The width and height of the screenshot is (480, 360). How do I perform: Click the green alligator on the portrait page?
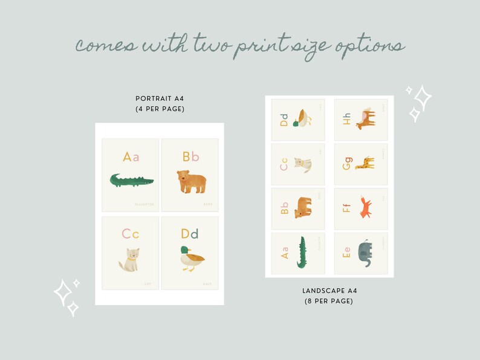click(x=131, y=180)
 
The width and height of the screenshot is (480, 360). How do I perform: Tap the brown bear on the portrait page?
click(x=191, y=181)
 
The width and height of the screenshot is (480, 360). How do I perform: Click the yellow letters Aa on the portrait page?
click(x=131, y=157)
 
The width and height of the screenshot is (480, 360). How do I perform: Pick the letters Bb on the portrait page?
click(x=190, y=157)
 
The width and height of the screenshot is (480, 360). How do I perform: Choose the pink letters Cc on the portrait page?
click(x=130, y=234)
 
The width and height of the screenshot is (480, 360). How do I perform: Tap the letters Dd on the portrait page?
click(x=190, y=234)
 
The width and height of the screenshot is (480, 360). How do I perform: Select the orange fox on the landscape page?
click(x=365, y=208)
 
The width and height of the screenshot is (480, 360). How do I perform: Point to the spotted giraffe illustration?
click(x=365, y=163)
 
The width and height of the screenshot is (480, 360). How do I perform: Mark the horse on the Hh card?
click(x=365, y=118)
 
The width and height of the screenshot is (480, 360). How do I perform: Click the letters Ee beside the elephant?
click(x=346, y=254)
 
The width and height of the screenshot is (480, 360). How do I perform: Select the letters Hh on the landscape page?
click(x=346, y=119)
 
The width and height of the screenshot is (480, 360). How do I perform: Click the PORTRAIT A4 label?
click(x=160, y=98)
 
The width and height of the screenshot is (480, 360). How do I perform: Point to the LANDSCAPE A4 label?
click(x=329, y=291)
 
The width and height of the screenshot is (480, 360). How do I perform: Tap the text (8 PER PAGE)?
click(x=329, y=301)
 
